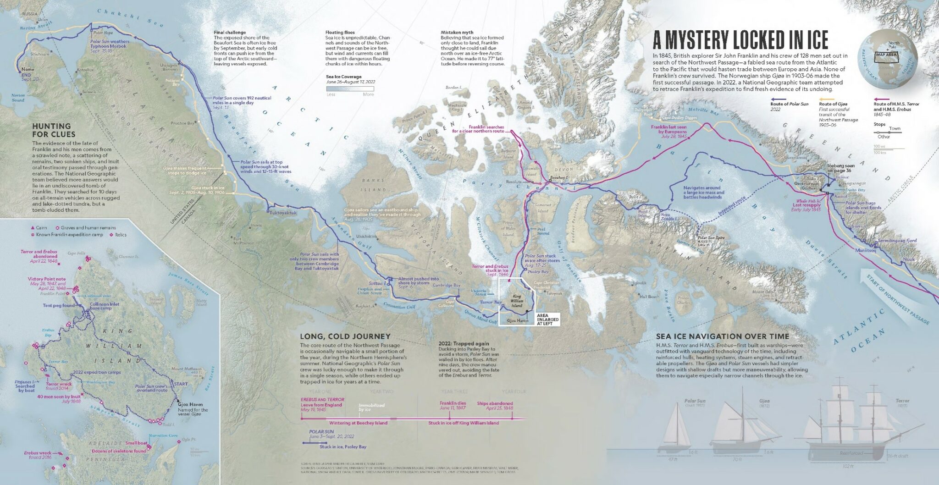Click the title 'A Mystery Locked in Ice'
tap(740, 40)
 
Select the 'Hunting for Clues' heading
tap(54, 130)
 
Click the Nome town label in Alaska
tap(28, 70)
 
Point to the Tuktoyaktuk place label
tap(284, 213)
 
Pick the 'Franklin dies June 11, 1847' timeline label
tap(453, 405)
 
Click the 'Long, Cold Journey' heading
tap(345, 336)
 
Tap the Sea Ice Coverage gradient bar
tap(350, 88)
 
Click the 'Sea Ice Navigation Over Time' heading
tap(722, 336)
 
